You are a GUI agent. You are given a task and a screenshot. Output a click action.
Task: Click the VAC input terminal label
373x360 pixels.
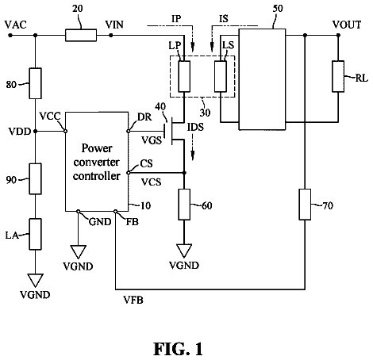pyautogui.click(x=16, y=25)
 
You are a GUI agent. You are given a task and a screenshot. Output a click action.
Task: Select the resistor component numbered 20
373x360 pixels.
pyautogui.click(x=81, y=35)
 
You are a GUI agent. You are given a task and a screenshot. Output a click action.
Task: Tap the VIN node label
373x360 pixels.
pyautogui.click(x=114, y=25)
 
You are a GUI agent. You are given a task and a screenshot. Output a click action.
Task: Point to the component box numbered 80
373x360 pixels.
pyautogui.click(x=35, y=83)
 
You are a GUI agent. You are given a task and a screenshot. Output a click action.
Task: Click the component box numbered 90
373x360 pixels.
pyautogui.click(x=35, y=178)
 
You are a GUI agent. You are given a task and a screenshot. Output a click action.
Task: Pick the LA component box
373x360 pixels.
pyautogui.click(x=35, y=234)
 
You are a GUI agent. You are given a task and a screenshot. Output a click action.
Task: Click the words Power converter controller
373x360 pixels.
pyautogui.click(x=97, y=162)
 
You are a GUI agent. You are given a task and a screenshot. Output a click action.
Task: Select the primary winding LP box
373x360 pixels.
pyautogui.click(x=184, y=76)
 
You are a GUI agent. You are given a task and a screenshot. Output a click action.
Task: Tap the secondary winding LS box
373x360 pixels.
pyautogui.click(x=221, y=76)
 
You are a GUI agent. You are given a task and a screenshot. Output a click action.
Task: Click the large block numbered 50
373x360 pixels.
pyautogui.click(x=262, y=79)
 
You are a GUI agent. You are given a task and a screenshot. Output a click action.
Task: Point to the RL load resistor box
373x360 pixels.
pyautogui.click(x=338, y=76)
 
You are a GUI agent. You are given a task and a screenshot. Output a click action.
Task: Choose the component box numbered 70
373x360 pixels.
pyautogui.click(x=305, y=205)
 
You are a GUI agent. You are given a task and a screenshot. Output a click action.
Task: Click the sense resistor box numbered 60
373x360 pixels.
pyautogui.click(x=184, y=205)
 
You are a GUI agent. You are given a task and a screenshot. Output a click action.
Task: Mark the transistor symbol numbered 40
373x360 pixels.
pyautogui.click(x=175, y=131)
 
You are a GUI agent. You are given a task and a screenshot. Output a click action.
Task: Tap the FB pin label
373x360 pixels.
pyautogui.click(x=132, y=222)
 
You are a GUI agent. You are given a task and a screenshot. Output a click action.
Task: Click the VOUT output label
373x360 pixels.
pyautogui.click(x=347, y=25)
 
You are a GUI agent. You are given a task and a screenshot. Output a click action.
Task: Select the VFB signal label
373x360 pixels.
pyautogui.click(x=133, y=300)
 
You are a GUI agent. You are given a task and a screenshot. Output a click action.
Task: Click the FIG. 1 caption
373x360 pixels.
pyautogui.click(x=178, y=349)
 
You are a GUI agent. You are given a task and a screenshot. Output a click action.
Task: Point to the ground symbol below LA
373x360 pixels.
pyautogui.click(x=35, y=281)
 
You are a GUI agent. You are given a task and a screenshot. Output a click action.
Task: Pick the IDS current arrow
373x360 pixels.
pyautogui.click(x=193, y=147)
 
